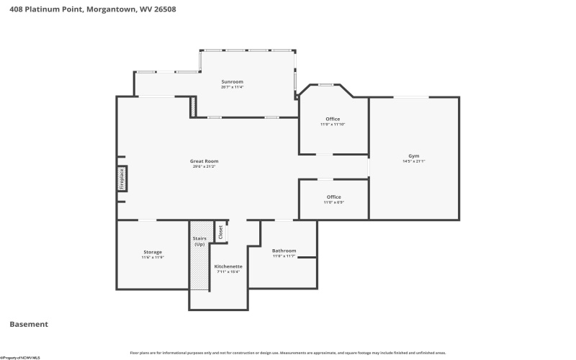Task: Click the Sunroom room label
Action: point(232,82)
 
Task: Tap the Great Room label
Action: point(204,161)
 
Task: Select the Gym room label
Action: point(414,156)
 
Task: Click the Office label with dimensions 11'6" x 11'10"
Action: point(333,119)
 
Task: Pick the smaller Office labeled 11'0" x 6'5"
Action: point(333,197)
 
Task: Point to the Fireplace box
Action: point(122,178)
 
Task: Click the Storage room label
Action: point(152,252)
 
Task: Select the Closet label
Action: point(221,232)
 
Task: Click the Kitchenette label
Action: point(228,266)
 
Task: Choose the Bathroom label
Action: point(283,251)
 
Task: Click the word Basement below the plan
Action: point(29,324)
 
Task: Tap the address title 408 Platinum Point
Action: point(93,9)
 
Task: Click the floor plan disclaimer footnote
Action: point(287,353)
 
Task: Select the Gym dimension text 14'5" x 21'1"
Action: point(414,161)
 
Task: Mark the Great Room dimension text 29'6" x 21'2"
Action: point(204,166)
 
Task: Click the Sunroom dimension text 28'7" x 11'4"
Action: point(232,87)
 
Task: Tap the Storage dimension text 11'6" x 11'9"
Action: point(152,257)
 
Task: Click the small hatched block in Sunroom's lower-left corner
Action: point(193,107)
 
